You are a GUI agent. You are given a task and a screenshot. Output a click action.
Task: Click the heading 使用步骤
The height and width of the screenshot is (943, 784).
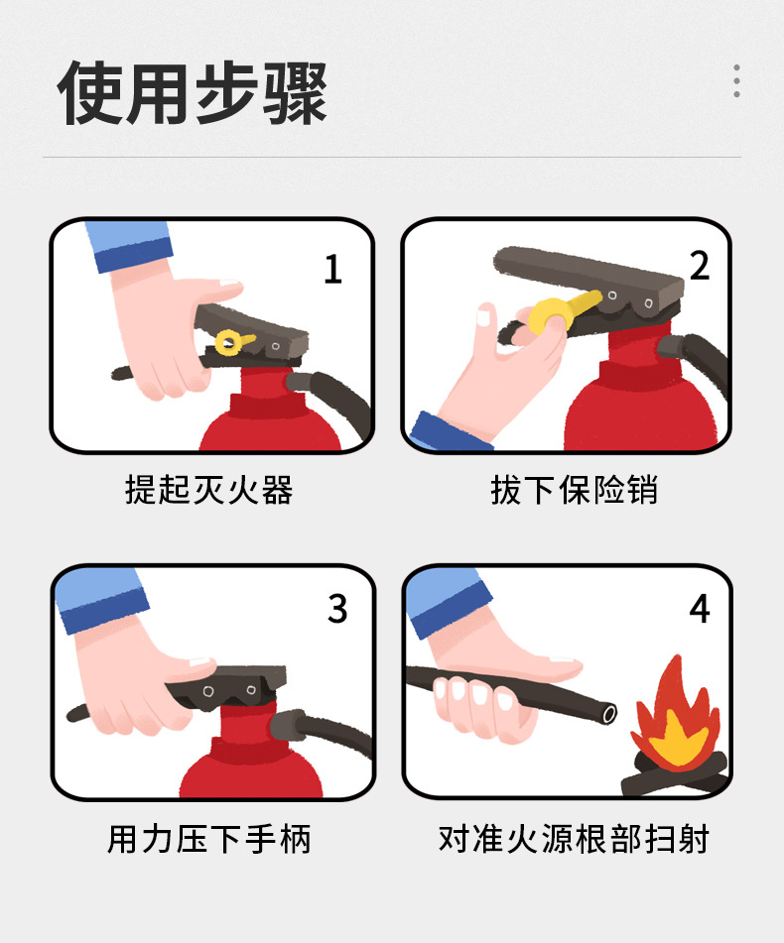point(193,93)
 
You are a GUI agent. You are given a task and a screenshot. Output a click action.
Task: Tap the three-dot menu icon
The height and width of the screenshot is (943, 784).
point(736,81)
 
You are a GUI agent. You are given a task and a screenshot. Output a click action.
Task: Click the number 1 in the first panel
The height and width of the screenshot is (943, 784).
point(332,269)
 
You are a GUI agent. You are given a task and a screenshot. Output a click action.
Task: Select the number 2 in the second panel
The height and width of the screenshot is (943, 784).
point(700,265)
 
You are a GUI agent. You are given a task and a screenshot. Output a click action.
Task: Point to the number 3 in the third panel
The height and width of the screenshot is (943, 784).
point(337,609)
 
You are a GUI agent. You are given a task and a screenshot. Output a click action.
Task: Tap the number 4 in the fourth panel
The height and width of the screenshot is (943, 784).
point(700,609)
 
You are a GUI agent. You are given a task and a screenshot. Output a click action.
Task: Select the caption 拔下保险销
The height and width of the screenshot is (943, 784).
point(574,490)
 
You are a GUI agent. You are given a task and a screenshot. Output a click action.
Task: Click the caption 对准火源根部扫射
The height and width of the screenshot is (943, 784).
point(574,840)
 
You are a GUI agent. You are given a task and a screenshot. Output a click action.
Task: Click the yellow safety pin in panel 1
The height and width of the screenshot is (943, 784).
point(231,342)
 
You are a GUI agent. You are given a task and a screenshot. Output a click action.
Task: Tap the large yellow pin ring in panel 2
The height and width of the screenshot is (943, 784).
point(548,315)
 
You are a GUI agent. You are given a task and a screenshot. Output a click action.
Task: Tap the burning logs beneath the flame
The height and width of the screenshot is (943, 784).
point(675,774)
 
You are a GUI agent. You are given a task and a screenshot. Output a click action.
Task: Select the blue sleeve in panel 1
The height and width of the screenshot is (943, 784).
point(129,246)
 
